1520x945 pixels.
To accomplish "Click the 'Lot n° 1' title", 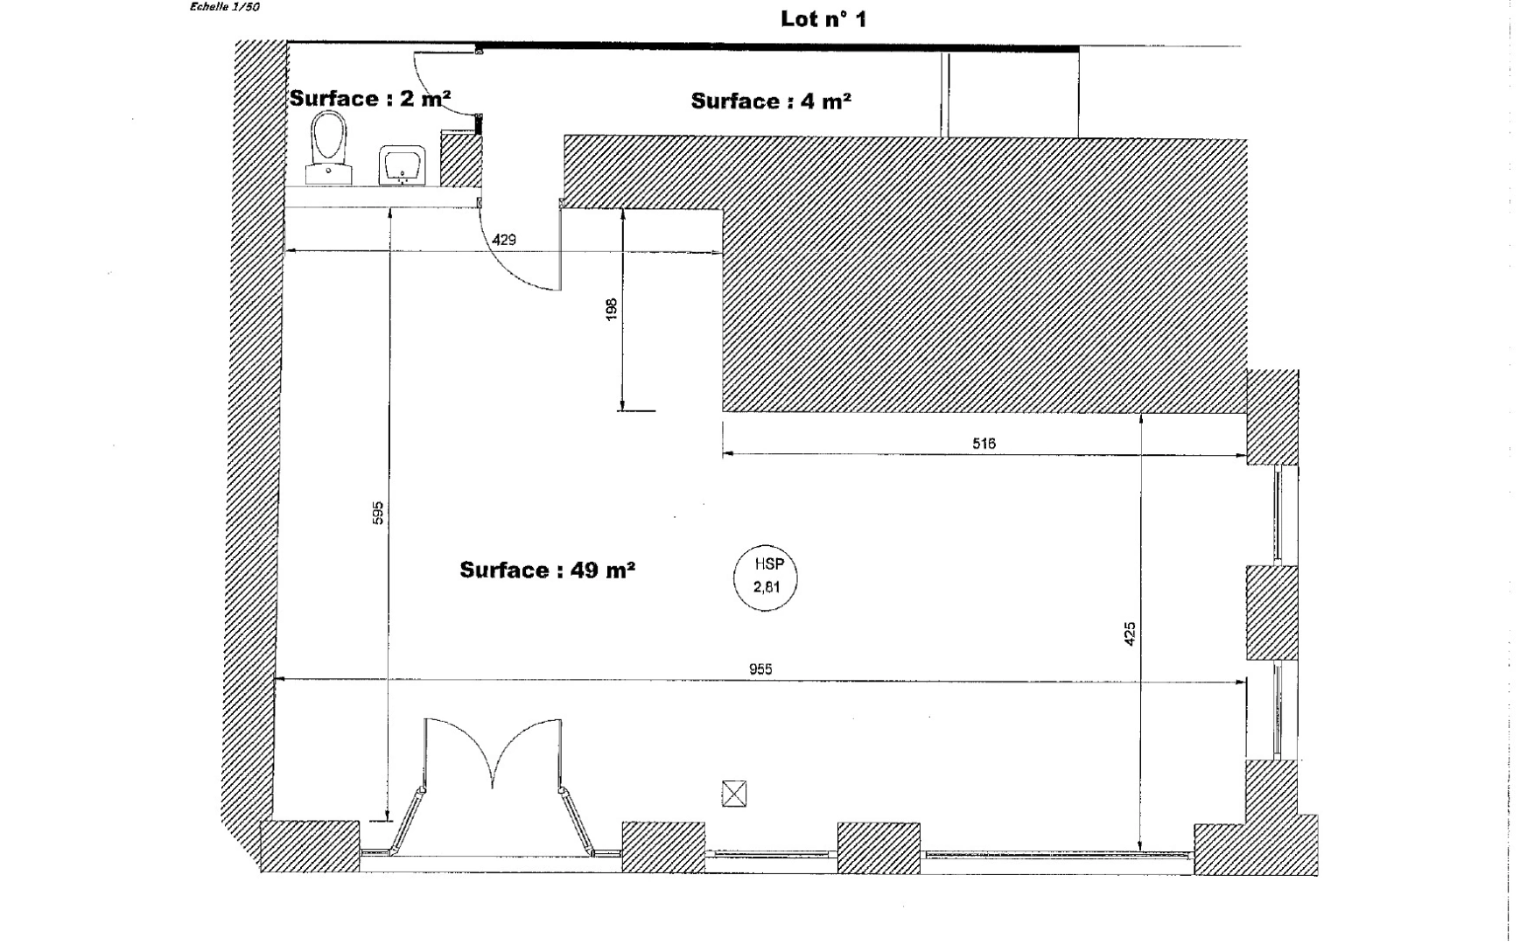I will click(823, 19).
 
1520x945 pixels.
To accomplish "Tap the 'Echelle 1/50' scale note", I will click(224, 7).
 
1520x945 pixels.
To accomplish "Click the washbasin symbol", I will click(402, 164).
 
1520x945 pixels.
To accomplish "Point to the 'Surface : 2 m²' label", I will click(369, 98).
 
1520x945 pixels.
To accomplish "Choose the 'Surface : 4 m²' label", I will click(771, 101).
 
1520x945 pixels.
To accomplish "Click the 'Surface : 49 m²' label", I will click(547, 570).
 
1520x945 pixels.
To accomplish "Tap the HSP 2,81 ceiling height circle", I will click(766, 577).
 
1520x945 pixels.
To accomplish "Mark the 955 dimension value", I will click(760, 669).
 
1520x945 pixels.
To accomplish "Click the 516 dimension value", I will click(984, 444).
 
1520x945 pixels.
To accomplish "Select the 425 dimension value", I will click(1130, 633).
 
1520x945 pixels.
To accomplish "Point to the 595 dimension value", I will click(378, 513).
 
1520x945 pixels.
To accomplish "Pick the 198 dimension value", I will click(612, 309).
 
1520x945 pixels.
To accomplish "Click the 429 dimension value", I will click(504, 240).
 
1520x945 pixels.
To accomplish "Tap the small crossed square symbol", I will click(734, 794).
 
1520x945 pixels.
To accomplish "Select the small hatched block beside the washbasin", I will click(459, 160).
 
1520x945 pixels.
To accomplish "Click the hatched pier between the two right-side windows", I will click(1271, 612).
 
